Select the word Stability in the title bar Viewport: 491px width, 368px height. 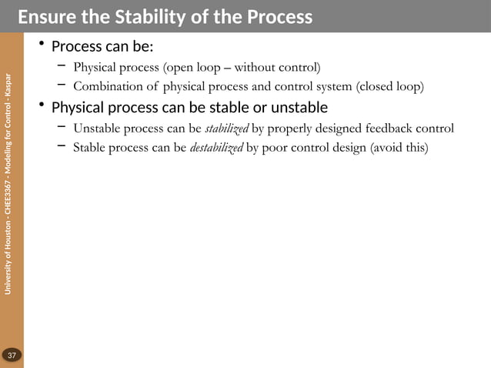(x=140, y=16)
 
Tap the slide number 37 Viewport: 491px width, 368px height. (x=12, y=355)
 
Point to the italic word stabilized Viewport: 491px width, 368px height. (x=227, y=128)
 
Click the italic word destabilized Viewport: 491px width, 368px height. (x=216, y=147)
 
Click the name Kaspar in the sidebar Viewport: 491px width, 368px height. (x=8, y=86)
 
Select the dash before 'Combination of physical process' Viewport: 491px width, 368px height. (x=62, y=85)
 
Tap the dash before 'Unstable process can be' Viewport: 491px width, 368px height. (x=62, y=127)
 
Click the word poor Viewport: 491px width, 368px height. (x=275, y=147)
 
